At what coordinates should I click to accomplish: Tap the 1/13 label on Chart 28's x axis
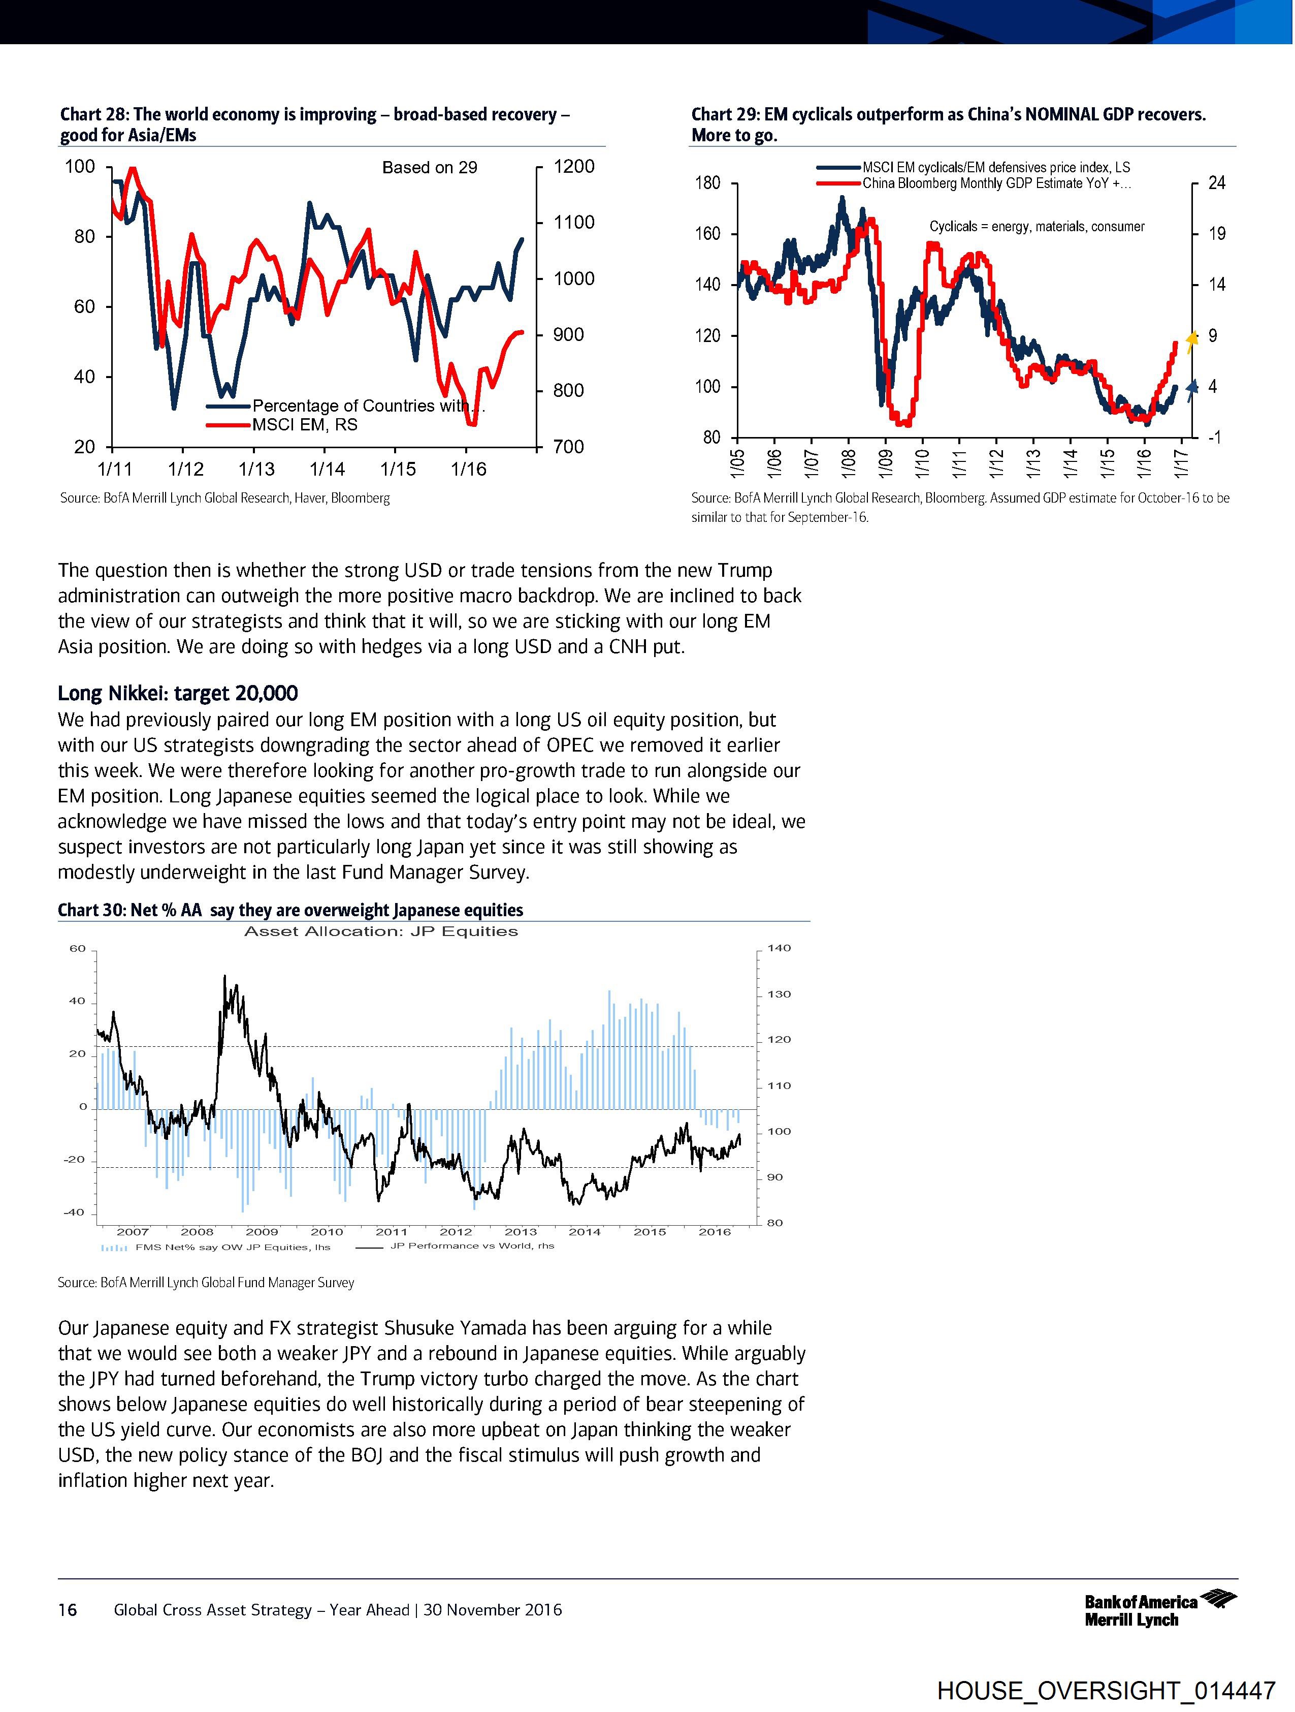point(256,469)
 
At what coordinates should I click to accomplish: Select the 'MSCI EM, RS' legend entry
point(305,425)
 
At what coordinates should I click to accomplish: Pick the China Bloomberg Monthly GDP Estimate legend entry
point(996,183)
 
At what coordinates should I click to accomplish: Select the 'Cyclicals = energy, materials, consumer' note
point(1037,227)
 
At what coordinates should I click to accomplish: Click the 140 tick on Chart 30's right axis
point(779,949)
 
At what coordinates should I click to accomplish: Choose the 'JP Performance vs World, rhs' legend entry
point(472,1246)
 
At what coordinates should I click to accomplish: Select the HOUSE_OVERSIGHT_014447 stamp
point(1106,1690)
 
